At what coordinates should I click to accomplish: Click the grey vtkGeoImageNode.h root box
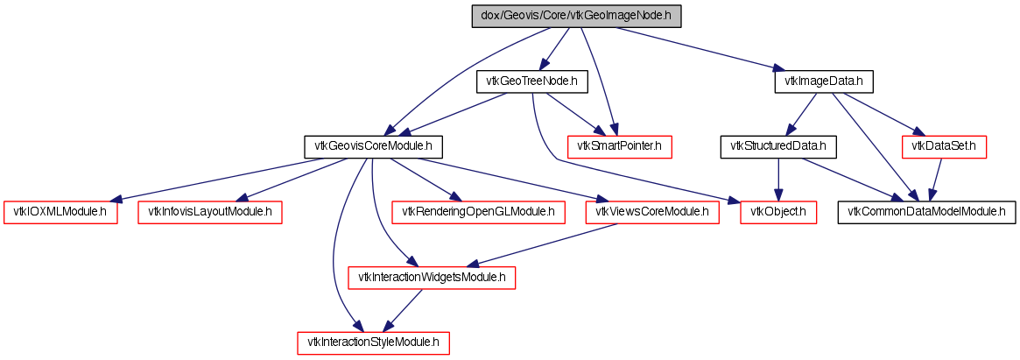coord(576,16)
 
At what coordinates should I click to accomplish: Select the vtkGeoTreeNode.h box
coord(531,81)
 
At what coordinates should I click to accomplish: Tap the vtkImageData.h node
coord(824,81)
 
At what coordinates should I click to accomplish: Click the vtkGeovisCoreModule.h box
coord(373,146)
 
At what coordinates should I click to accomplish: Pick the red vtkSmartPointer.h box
coord(620,146)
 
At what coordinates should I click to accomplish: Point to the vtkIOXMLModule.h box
coord(60,212)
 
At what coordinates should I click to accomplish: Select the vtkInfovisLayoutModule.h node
coord(209,212)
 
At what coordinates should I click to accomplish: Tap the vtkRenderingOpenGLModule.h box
coord(478,212)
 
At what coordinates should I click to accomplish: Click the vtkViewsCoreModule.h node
coord(651,212)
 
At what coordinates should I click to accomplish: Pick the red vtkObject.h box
coord(779,212)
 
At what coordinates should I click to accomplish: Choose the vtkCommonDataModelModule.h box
coord(927,212)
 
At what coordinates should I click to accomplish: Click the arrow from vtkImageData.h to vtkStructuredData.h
coord(803,113)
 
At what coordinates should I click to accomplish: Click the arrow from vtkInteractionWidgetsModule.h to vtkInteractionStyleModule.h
coord(403,310)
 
